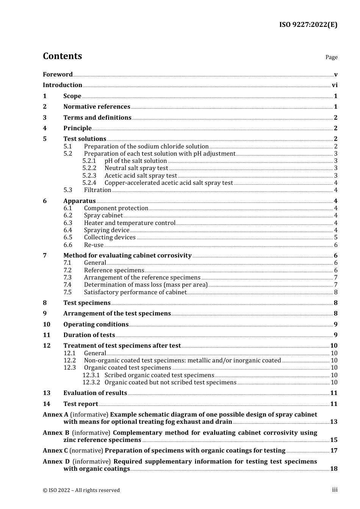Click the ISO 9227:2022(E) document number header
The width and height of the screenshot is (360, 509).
(x=308, y=25)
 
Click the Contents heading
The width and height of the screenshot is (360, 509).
(x=62, y=56)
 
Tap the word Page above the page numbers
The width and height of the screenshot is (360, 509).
(x=331, y=57)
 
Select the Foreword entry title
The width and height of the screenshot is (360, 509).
(x=58, y=74)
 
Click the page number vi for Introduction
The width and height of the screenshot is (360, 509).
(x=335, y=85)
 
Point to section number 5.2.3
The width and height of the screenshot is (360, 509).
(x=89, y=175)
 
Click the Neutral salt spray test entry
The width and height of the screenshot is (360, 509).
(x=136, y=168)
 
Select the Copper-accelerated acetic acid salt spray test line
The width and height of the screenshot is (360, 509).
(x=169, y=183)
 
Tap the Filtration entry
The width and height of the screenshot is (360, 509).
(x=97, y=190)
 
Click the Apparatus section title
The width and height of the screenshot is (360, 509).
(x=79, y=201)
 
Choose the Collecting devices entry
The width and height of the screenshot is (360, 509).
(x=110, y=237)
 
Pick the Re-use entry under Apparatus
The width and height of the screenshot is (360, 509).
(x=94, y=245)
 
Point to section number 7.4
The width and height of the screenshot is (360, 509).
(x=67, y=285)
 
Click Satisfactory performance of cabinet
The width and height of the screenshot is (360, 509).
(x=135, y=292)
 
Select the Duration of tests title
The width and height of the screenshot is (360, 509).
(x=89, y=335)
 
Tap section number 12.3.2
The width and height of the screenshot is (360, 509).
(x=91, y=383)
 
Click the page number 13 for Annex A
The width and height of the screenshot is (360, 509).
(x=333, y=422)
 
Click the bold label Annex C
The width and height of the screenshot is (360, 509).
(x=55, y=451)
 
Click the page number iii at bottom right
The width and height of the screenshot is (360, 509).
(x=335, y=490)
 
